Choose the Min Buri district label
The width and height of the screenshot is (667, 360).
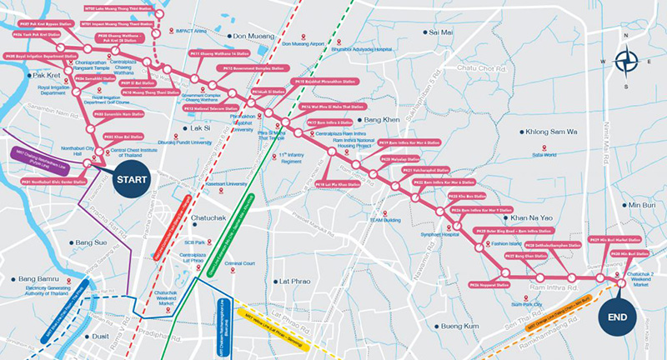click(x=642, y=204)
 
